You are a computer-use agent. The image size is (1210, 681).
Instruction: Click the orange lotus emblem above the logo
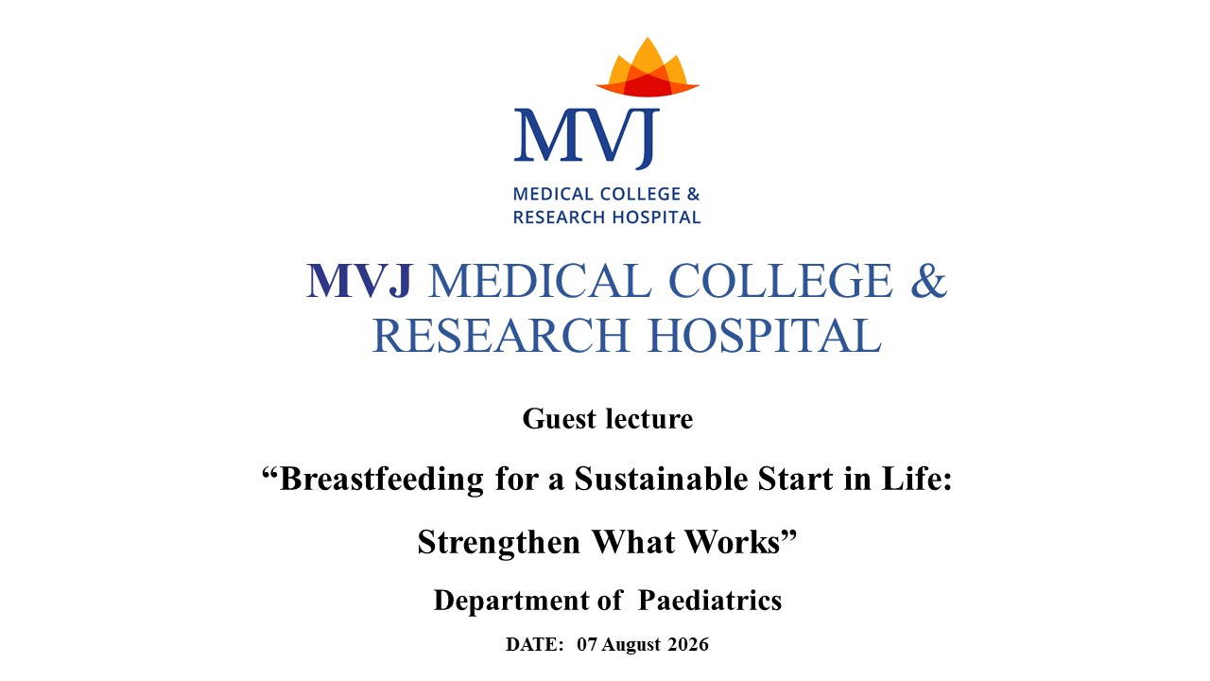click(648, 68)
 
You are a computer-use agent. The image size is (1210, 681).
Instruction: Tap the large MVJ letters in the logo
click(587, 138)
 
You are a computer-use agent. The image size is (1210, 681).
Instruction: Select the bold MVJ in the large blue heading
click(360, 281)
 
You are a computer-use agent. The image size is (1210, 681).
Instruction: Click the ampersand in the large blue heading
click(928, 281)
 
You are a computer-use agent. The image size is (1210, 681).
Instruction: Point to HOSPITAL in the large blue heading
click(765, 336)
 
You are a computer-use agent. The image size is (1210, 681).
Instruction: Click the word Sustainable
click(661, 479)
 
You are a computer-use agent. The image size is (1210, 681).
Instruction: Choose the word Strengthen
click(498, 542)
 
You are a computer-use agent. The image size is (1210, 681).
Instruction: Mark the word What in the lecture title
click(633, 541)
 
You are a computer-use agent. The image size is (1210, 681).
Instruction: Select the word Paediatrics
click(710, 600)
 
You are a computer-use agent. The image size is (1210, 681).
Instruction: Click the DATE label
click(535, 645)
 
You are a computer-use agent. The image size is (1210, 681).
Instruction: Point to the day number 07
click(587, 645)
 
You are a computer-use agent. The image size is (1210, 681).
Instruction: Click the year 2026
click(688, 645)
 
